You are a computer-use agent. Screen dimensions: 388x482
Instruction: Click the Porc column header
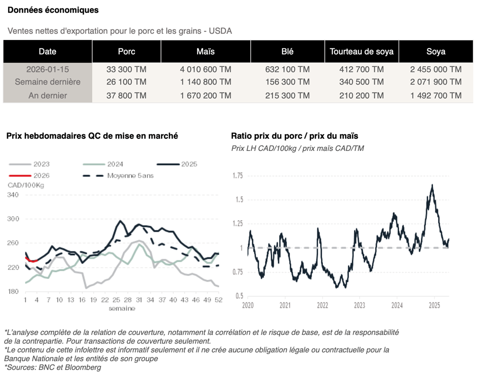[x=127, y=52]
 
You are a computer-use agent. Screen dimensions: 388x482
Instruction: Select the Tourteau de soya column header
[x=361, y=52]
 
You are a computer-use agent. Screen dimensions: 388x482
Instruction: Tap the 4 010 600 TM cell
[x=205, y=69]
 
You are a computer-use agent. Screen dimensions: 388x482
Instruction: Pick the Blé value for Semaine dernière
[x=287, y=82]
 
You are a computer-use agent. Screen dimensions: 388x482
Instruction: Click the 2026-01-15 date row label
[x=47, y=69]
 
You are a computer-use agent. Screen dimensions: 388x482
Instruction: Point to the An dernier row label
[x=47, y=95]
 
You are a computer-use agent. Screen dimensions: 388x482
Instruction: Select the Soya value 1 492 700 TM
[x=435, y=95]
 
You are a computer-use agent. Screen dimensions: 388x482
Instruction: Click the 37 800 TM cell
[x=127, y=95]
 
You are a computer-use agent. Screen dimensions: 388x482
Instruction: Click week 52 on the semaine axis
[x=217, y=300]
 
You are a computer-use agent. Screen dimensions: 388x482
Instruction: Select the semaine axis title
[x=122, y=309]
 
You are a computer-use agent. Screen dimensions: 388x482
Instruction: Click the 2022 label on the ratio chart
[x=322, y=305]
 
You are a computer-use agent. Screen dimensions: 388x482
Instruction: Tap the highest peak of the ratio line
[x=432, y=185]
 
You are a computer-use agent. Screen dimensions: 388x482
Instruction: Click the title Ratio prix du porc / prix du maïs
[x=294, y=136]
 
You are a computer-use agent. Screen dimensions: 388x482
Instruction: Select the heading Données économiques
[x=53, y=10]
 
